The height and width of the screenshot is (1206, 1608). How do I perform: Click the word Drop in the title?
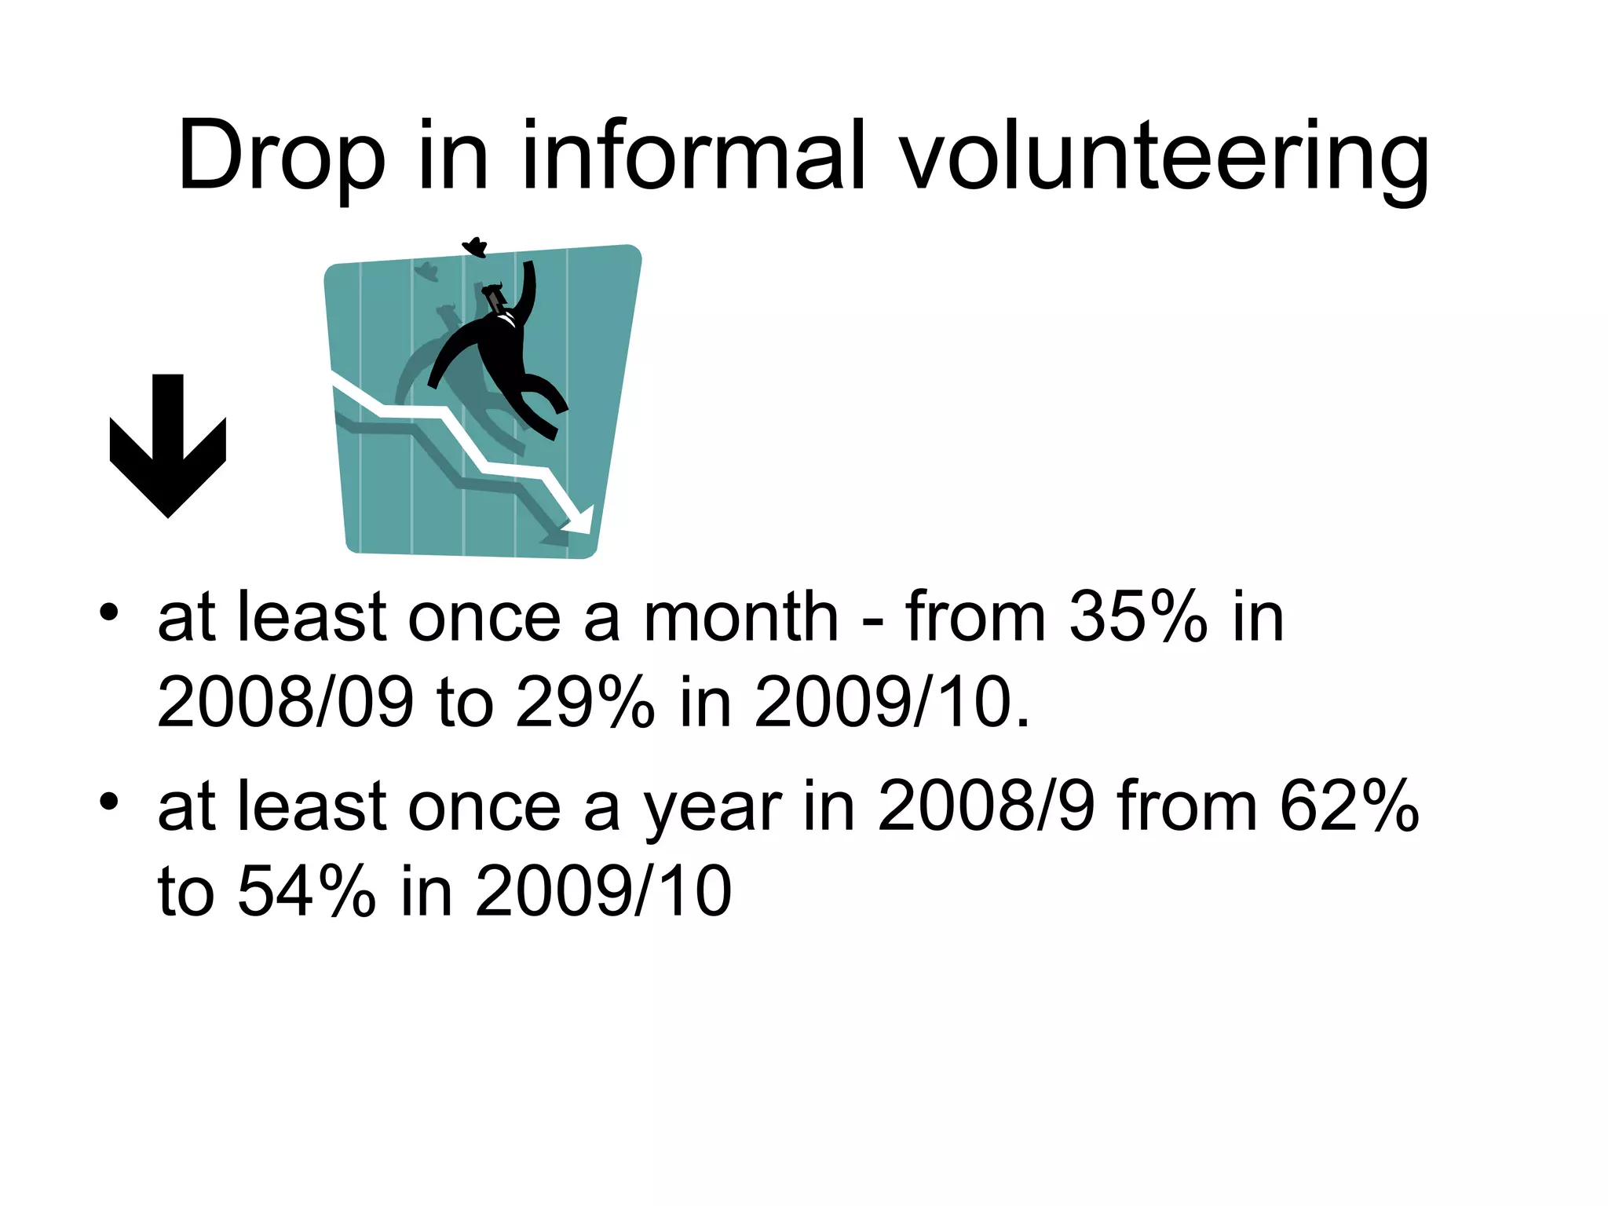pyautogui.click(x=281, y=157)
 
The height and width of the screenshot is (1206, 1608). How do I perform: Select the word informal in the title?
pyautogui.click(x=693, y=155)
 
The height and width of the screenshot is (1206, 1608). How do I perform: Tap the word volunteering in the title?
pyautogui.click(x=1165, y=157)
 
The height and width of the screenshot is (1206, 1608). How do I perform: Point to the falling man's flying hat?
pyautogui.click(x=475, y=247)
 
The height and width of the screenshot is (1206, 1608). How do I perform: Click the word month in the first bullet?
pyautogui.click(x=741, y=618)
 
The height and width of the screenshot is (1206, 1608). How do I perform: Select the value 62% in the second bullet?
pyautogui.click(x=1349, y=807)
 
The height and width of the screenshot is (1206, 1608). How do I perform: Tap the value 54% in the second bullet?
pyautogui.click(x=306, y=892)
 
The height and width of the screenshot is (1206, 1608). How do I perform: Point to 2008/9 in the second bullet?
pyautogui.click(x=985, y=807)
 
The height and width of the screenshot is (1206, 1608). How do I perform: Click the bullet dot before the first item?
pyautogui.click(x=109, y=612)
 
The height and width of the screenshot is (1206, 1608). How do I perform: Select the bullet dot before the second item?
pyautogui.click(x=109, y=802)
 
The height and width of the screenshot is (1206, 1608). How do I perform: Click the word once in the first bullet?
pyautogui.click(x=484, y=618)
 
